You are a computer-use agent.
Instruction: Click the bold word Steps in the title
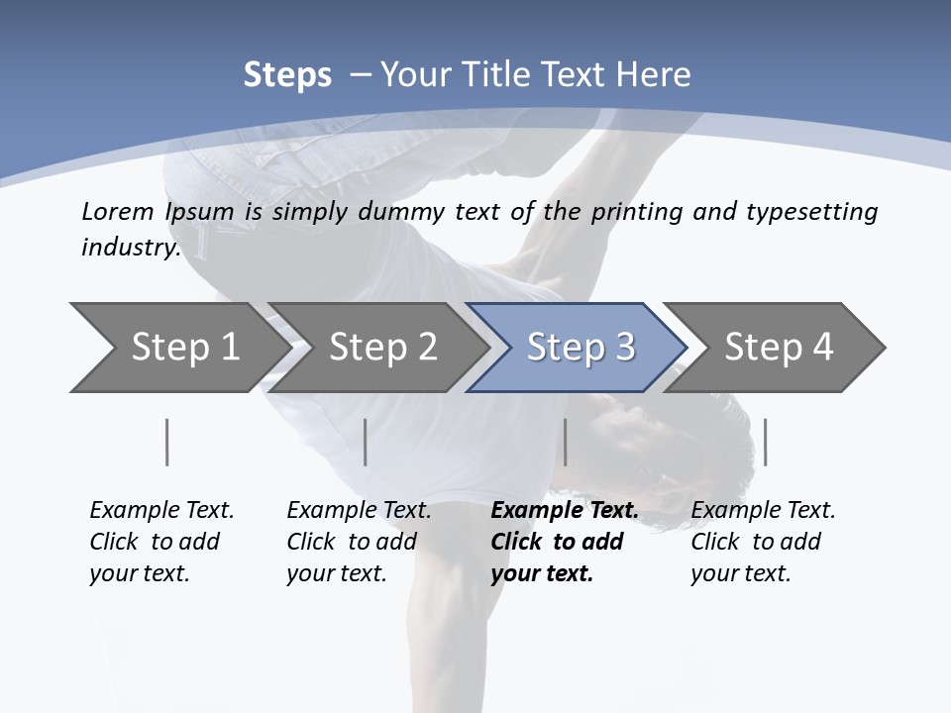[287, 75]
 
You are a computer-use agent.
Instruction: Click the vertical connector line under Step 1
[167, 442]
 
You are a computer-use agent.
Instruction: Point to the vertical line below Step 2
[366, 442]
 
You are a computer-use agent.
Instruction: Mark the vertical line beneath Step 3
[565, 442]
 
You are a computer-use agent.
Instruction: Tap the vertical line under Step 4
[765, 442]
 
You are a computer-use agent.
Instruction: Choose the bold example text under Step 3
[564, 542]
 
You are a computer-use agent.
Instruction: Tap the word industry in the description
[131, 248]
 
